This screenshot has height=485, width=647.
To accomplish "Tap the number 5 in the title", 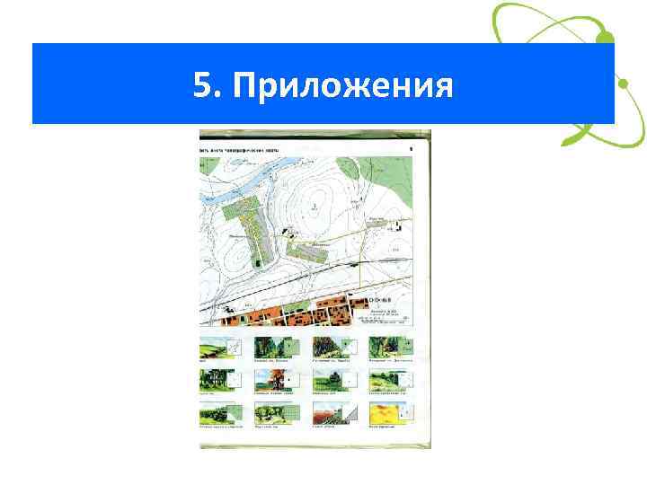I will (x=203, y=86).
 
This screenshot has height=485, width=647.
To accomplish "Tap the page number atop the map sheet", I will (x=411, y=137).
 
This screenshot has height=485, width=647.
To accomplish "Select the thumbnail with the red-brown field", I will (x=327, y=415).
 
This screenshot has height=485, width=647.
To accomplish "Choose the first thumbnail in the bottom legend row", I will (x=212, y=415).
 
